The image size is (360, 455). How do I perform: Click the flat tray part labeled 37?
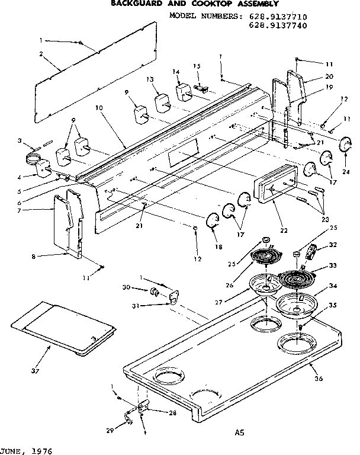tap(62, 329)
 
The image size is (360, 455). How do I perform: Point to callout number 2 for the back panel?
tap(41, 54)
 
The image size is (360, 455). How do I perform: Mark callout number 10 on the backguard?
tap(98, 108)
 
